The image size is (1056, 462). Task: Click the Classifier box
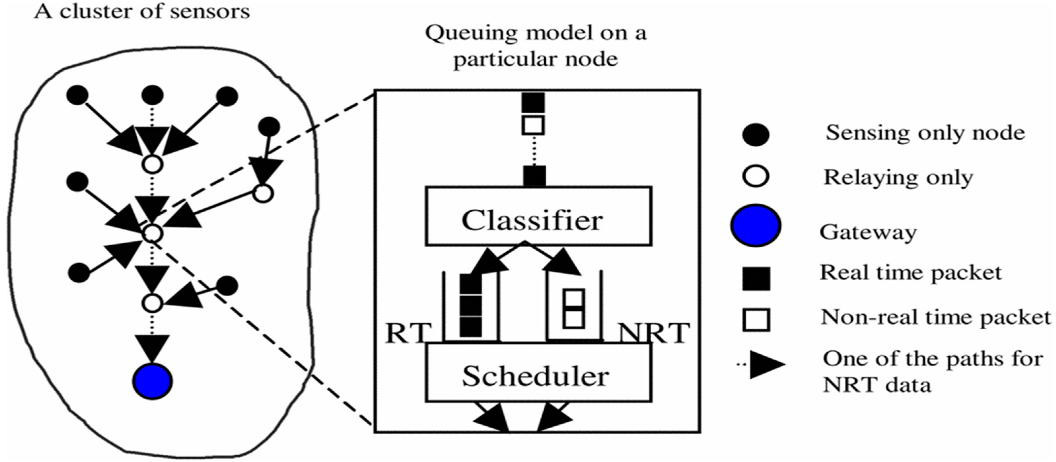pos(538,216)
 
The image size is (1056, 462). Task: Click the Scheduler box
pos(538,372)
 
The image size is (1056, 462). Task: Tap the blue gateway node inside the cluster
pos(153,381)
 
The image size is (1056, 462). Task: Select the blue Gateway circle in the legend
pos(756,226)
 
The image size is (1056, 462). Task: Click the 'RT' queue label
pos(408,333)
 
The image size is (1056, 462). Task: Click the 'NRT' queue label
pos(654,333)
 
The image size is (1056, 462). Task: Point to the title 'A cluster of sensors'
pos(142,12)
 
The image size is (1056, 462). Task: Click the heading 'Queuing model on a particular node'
pos(535,46)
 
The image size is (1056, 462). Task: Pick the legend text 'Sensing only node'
pos(925,133)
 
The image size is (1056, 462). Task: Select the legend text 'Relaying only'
pos(898,178)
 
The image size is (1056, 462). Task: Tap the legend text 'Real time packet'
pos(910,272)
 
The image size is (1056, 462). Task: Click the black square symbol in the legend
pos(756,279)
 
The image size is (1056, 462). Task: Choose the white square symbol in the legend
pos(756,320)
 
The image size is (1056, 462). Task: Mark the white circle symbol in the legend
pos(756,176)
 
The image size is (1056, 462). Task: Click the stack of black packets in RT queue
pos(471,305)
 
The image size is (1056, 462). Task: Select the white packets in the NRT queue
pos(573,309)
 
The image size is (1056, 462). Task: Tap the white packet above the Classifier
pos(533,125)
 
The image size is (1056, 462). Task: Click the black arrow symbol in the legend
pos(766,364)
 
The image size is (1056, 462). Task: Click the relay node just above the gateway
pos(153,303)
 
